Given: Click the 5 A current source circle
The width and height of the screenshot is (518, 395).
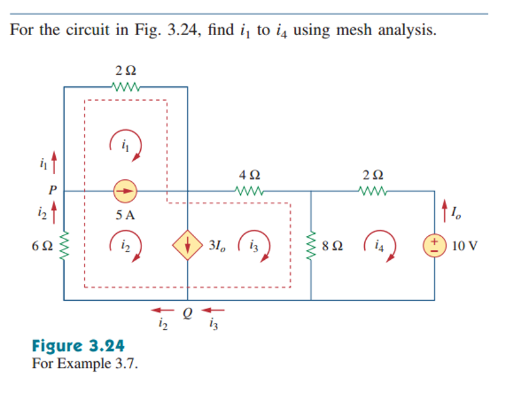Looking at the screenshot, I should [125, 191].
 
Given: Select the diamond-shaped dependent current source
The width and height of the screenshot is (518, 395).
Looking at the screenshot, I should [188, 246].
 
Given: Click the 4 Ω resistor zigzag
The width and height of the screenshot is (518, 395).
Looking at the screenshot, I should [250, 191].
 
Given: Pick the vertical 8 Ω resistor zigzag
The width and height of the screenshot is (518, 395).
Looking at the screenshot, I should [312, 246].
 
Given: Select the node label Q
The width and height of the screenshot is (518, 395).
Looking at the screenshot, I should [188, 312].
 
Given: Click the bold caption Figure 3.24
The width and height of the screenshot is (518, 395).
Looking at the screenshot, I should [78, 345].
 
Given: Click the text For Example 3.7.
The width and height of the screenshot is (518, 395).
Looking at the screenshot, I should [84, 363].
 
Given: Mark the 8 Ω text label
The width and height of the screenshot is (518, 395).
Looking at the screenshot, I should [332, 246].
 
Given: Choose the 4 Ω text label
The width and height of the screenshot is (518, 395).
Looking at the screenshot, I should [250, 175].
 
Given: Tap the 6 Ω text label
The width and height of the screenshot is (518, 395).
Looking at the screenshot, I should [41, 246].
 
